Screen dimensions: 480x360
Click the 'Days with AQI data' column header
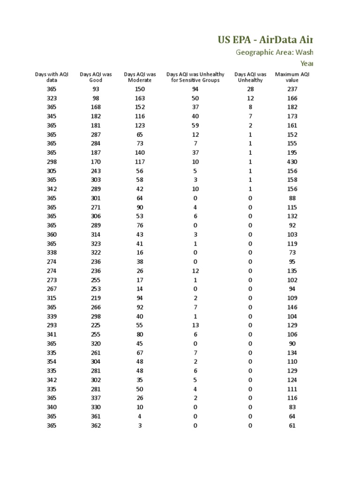(52, 77)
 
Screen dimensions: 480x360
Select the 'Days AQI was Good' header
(96, 77)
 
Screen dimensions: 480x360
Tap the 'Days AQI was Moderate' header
(140, 77)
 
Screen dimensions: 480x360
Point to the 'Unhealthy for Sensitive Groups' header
(195, 77)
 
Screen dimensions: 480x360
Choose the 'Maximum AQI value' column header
(292, 77)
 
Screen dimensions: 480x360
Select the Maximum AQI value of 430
(292, 162)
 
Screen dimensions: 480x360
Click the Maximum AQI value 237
(292, 89)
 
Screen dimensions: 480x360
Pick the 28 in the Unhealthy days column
(250, 89)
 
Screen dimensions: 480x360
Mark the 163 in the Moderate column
(140, 98)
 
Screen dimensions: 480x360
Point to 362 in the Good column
(96, 426)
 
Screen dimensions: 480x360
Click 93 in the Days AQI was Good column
(96, 89)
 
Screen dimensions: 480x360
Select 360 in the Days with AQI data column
(52, 234)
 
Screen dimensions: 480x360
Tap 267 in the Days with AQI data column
(52, 289)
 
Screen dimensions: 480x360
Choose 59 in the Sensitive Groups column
(195, 125)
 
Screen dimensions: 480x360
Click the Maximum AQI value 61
(292, 426)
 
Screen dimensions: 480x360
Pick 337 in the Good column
(96, 398)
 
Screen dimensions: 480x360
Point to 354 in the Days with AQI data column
(52, 361)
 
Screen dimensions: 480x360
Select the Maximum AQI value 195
(292, 152)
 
